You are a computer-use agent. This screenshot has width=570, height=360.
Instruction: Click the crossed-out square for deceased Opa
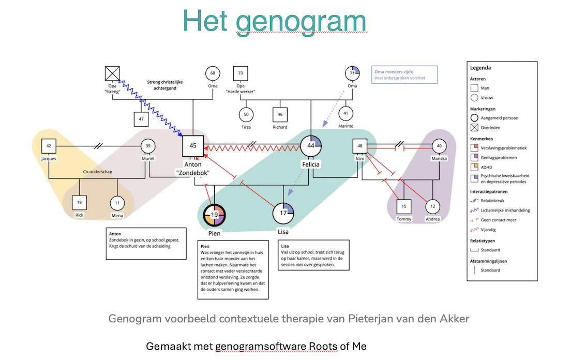coord(112,73)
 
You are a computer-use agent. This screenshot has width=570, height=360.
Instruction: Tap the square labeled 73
coord(240,74)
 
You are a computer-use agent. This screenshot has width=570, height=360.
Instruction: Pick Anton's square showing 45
coord(193,146)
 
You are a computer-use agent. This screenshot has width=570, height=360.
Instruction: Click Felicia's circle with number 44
coord(311,146)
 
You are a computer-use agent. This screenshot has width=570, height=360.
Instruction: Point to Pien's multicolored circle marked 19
coord(214,215)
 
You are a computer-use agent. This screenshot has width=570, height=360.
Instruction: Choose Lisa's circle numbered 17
coord(283,213)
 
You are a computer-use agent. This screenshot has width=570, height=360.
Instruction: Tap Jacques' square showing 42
coord(49,146)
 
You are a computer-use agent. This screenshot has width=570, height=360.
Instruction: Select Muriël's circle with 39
coord(148,146)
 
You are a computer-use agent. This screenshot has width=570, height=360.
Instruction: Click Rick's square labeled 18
coord(79,202)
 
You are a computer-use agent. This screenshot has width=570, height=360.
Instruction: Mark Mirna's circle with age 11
coord(117,203)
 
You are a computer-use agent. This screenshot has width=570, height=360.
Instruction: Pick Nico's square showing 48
coord(360,146)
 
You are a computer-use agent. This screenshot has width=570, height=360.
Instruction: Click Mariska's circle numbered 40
coord(439,146)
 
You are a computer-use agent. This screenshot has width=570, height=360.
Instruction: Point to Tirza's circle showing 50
coord(246,114)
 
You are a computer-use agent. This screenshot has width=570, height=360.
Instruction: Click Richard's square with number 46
coord(280,114)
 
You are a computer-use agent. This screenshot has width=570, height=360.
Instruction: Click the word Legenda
coord(480,68)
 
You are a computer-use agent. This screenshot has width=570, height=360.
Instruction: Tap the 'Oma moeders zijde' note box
coord(404,74)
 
